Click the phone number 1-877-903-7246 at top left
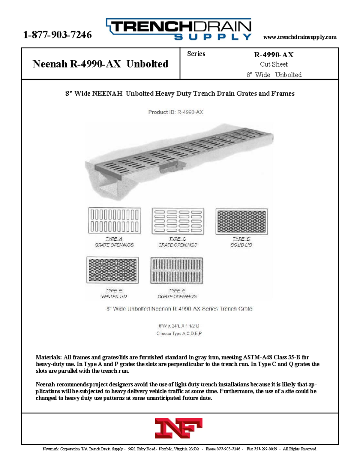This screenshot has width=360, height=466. tap(57, 35)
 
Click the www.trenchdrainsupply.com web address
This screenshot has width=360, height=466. tap(300, 37)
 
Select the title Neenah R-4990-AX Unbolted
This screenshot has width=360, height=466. tap(100, 64)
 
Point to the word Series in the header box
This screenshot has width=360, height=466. tap(196, 54)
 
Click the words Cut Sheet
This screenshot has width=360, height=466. tap(274, 64)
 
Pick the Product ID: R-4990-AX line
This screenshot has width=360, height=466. tap(175, 112)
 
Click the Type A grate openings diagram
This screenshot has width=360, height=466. tap(114, 221)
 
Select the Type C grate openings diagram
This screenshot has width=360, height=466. tap(178, 221)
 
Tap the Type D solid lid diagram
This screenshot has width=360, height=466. tap(241, 221)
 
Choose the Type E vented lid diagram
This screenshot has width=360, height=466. tap(112, 270)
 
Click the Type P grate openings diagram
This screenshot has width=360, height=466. tap(177, 270)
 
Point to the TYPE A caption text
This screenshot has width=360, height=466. tap(114, 239)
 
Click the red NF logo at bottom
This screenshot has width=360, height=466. tap(178, 428)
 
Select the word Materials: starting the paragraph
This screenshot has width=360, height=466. tap(49, 357)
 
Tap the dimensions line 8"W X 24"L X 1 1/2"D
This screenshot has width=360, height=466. tap(179, 326)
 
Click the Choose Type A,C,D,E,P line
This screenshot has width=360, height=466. tap(179, 333)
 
